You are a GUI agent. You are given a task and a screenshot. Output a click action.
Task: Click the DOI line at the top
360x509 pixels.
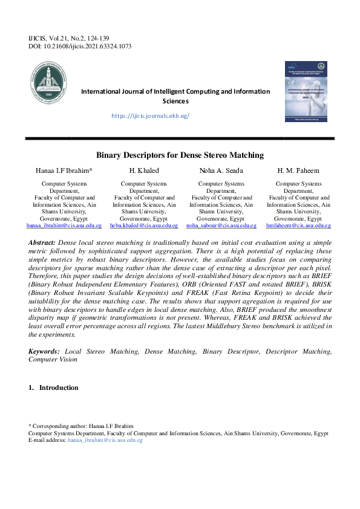(x=80, y=47)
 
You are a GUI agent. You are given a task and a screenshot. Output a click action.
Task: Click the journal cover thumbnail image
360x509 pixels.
(x=307, y=90)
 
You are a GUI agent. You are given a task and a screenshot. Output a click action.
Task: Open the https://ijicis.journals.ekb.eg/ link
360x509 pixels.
(x=151, y=115)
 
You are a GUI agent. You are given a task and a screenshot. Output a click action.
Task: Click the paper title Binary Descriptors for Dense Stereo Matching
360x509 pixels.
(x=180, y=155)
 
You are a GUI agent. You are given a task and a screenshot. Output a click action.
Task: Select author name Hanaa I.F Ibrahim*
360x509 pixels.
(x=64, y=171)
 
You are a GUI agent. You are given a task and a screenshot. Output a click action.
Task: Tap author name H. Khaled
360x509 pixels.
(x=145, y=171)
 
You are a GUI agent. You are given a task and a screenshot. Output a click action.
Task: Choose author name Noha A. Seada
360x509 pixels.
(x=221, y=171)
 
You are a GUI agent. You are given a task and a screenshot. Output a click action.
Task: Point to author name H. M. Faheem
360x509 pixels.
(x=299, y=171)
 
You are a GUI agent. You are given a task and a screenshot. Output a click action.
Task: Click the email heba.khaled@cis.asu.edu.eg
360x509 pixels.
(x=145, y=225)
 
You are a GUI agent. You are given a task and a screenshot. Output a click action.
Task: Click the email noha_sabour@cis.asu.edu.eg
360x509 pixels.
(x=221, y=225)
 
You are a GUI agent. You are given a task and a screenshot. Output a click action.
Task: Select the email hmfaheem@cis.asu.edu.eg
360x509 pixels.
(x=299, y=225)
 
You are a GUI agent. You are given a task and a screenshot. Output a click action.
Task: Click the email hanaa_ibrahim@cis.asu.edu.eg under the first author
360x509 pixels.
(x=64, y=225)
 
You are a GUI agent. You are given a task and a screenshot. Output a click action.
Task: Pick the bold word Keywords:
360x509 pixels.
(x=44, y=351)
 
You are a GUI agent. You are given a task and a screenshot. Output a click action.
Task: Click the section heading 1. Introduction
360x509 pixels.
(x=53, y=387)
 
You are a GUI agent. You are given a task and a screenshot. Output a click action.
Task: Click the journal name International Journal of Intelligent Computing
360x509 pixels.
(x=175, y=91)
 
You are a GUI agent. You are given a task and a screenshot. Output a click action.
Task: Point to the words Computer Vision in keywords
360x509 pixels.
(x=53, y=359)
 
